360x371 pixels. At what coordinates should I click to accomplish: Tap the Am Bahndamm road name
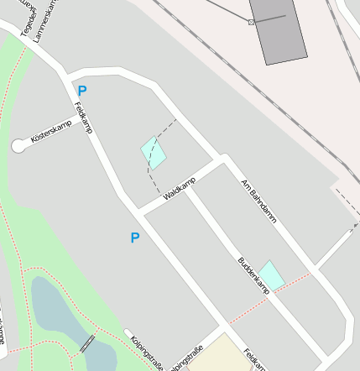click(258, 201)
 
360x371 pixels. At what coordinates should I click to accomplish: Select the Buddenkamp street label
click(253, 274)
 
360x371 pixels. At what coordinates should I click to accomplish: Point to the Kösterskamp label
click(52, 131)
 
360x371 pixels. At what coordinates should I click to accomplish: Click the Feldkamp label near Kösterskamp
click(82, 118)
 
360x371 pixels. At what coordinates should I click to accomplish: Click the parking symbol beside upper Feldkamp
click(82, 91)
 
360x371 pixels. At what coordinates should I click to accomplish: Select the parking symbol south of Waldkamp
click(134, 238)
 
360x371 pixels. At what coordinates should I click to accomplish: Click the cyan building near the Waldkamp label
click(154, 153)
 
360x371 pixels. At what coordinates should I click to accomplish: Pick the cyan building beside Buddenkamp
click(272, 274)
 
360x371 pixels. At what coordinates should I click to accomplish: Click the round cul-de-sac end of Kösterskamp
click(18, 146)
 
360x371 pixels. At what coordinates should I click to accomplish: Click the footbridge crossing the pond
click(86, 344)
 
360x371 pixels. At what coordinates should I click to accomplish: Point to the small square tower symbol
click(251, 22)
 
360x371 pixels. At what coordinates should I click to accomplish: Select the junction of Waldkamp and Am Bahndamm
click(224, 159)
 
